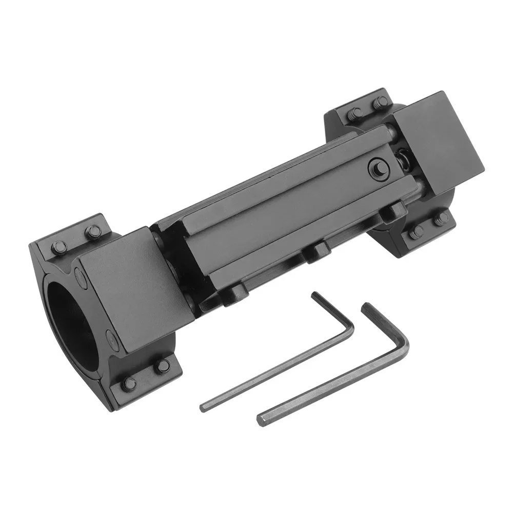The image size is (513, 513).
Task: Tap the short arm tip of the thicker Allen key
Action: point(366,307)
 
